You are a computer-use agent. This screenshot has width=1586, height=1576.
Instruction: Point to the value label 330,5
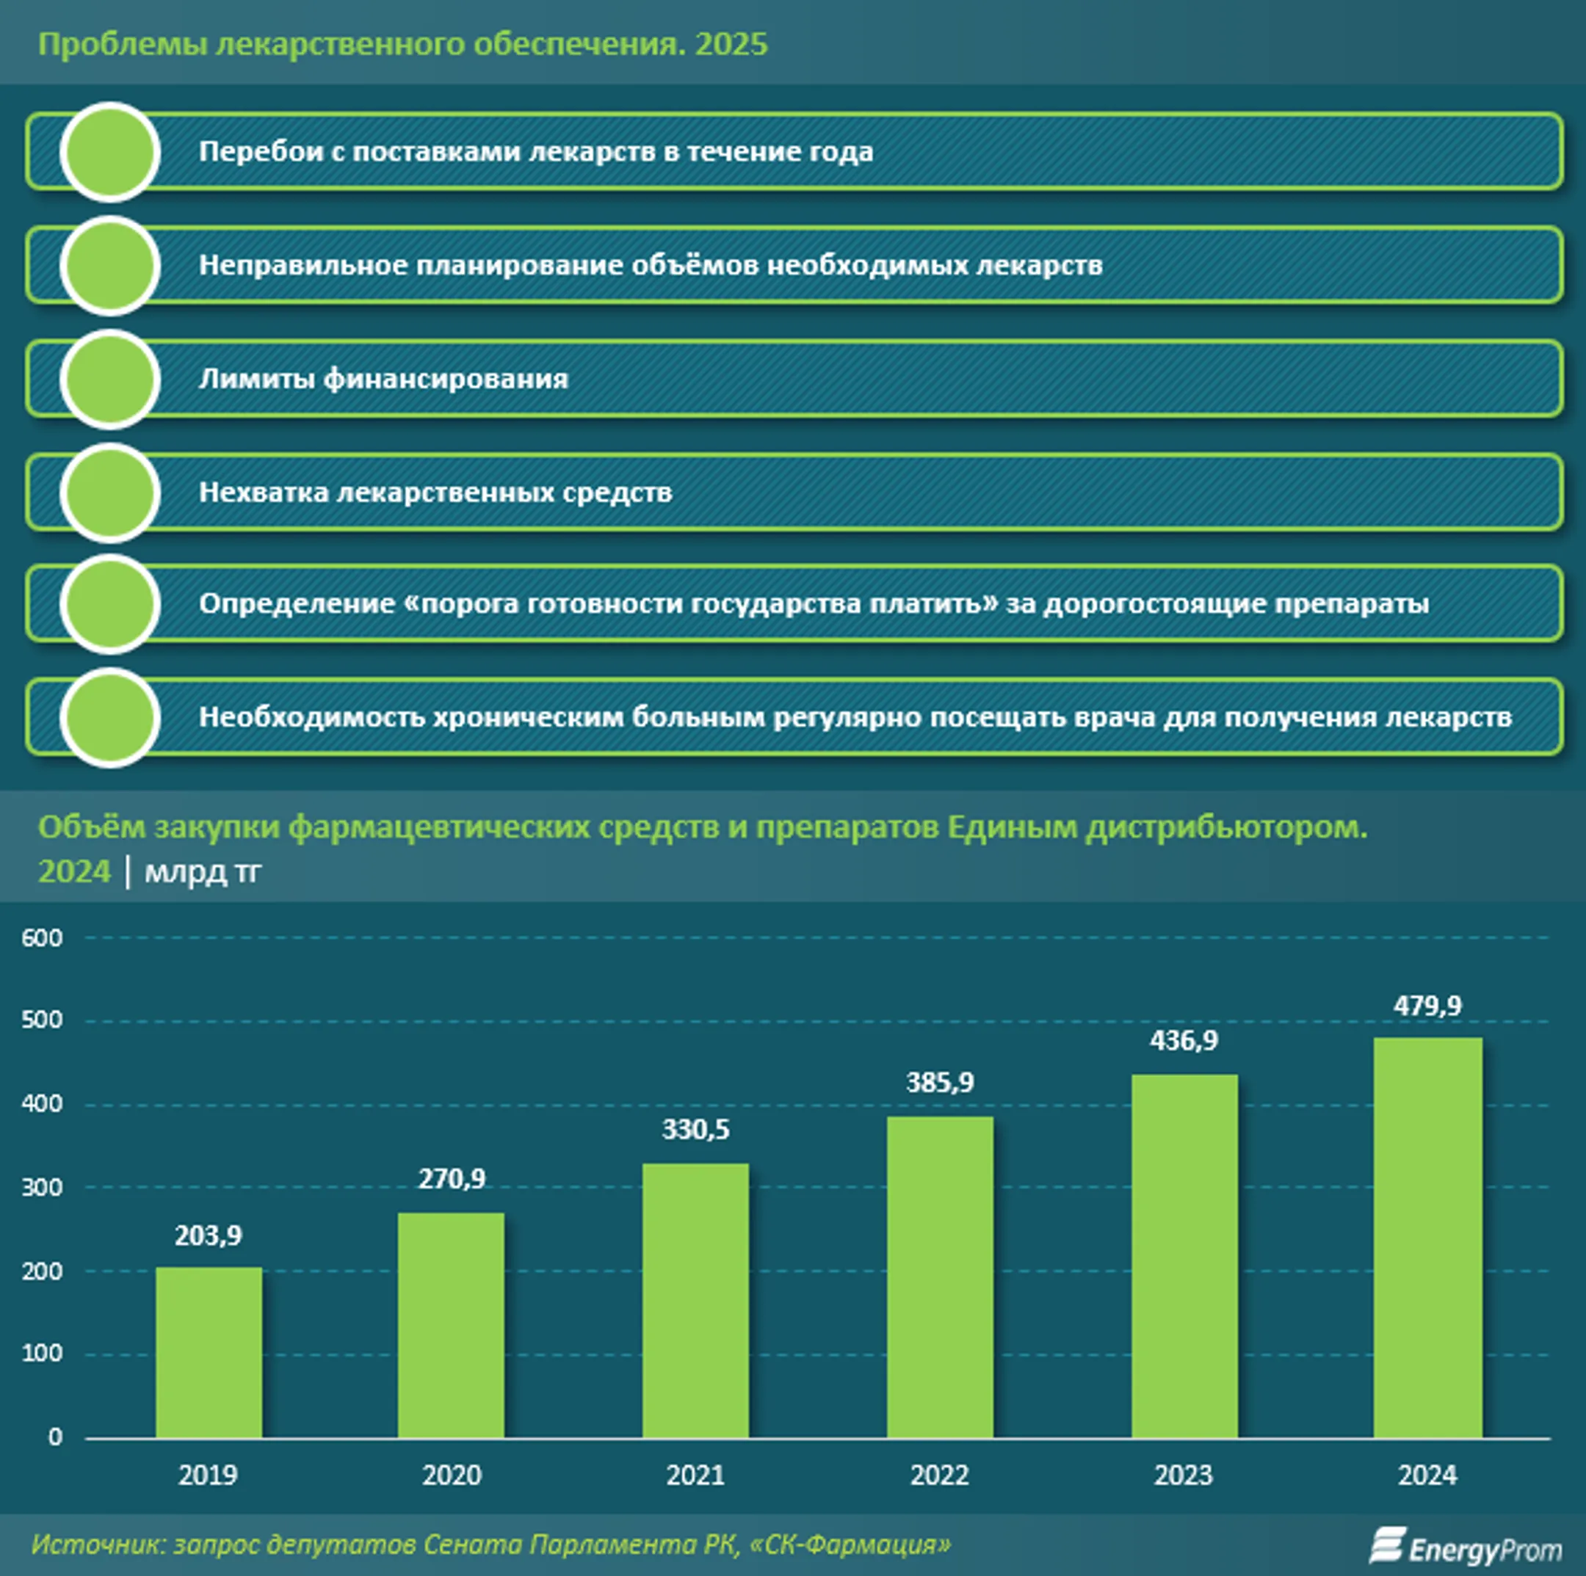pyautogui.click(x=695, y=1130)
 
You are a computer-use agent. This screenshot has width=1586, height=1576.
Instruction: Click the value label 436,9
pyautogui.click(x=1183, y=1041)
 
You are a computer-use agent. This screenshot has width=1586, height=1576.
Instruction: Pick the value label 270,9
pyautogui.click(x=452, y=1179)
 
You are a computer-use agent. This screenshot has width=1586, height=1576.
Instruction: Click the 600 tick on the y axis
pyautogui.click(x=42, y=937)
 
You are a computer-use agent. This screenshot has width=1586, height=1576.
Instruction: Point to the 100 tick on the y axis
pyautogui.click(x=42, y=1353)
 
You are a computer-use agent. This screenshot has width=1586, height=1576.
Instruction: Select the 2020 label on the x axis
pyautogui.click(x=452, y=1475)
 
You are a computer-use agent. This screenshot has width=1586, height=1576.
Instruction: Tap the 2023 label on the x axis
pyautogui.click(x=1183, y=1475)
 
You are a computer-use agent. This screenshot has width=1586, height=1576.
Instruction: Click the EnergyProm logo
pyautogui.click(x=1465, y=1547)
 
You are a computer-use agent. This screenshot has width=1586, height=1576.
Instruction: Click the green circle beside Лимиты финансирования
pyautogui.click(x=110, y=380)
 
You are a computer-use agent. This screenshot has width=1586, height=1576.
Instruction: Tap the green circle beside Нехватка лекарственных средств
pyautogui.click(x=110, y=493)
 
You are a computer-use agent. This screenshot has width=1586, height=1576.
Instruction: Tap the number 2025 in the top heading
pyautogui.click(x=731, y=43)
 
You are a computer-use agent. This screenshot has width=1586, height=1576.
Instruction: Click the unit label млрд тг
pyautogui.click(x=202, y=872)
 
